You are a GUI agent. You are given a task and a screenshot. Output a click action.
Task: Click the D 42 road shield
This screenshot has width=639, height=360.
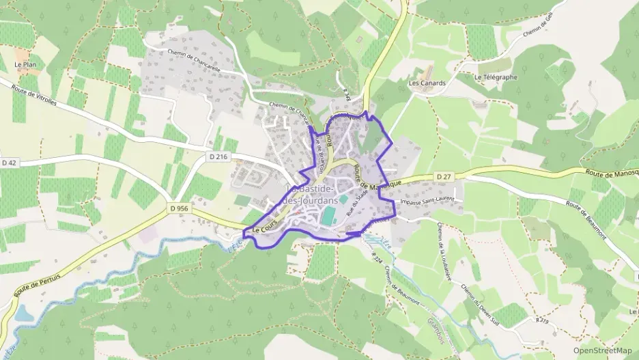pyautogui.click(x=9, y=163)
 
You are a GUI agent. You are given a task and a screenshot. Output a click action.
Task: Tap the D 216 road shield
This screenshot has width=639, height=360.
pyautogui.click(x=218, y=156)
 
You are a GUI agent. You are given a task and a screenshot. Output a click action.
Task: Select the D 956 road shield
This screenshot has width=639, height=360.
pyautogui.click(x=179, y=208)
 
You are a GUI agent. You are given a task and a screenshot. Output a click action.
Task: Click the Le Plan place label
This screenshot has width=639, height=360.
pyautogui.click(x=25, y=65)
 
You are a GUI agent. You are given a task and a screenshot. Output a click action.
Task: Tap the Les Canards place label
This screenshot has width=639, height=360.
pyautogui.click(x=427, y=83)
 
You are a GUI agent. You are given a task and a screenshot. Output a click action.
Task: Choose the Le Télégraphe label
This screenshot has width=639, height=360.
pyautogui.click(x=496, y=77)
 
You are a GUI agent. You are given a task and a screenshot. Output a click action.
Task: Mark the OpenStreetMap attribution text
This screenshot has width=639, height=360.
pyautogui.click(x=602, y=350)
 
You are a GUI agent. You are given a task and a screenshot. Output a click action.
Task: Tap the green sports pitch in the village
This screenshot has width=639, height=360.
pyautogui.click(x=328, y=215)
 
